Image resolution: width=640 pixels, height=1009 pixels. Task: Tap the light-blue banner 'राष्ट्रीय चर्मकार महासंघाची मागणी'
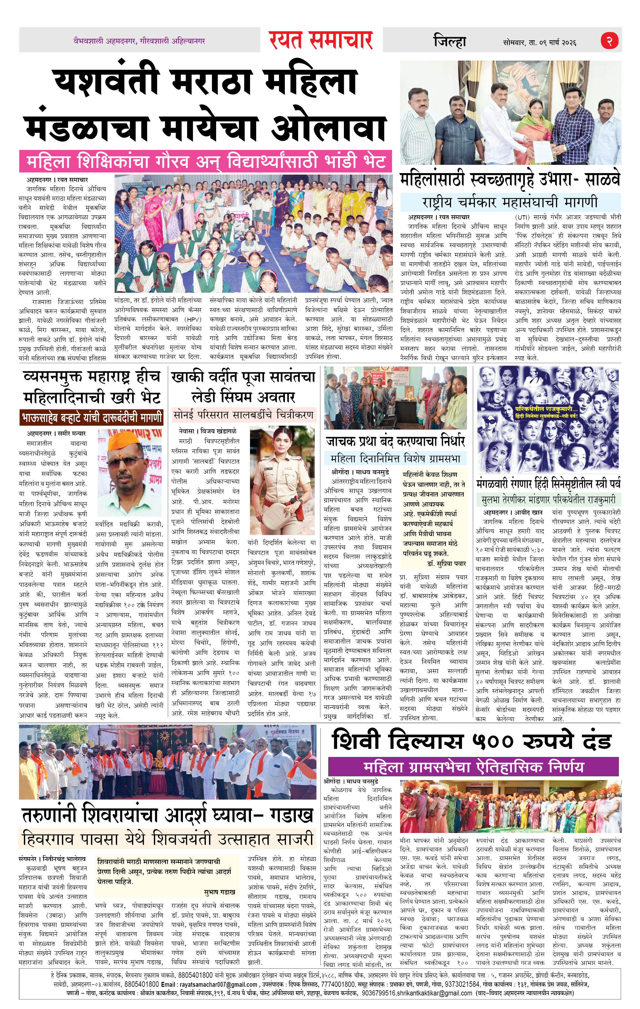click(x=510, y=202)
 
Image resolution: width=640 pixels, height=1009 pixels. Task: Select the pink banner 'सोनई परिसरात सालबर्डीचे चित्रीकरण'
click(x=244, y=415)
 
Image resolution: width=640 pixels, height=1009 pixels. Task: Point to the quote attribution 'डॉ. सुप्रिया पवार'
click(x=447, y=563)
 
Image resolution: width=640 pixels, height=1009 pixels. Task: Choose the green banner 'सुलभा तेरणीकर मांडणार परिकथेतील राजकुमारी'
click(x=548, y=499)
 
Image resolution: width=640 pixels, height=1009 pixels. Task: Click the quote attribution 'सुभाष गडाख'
click(x=219, y=891)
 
